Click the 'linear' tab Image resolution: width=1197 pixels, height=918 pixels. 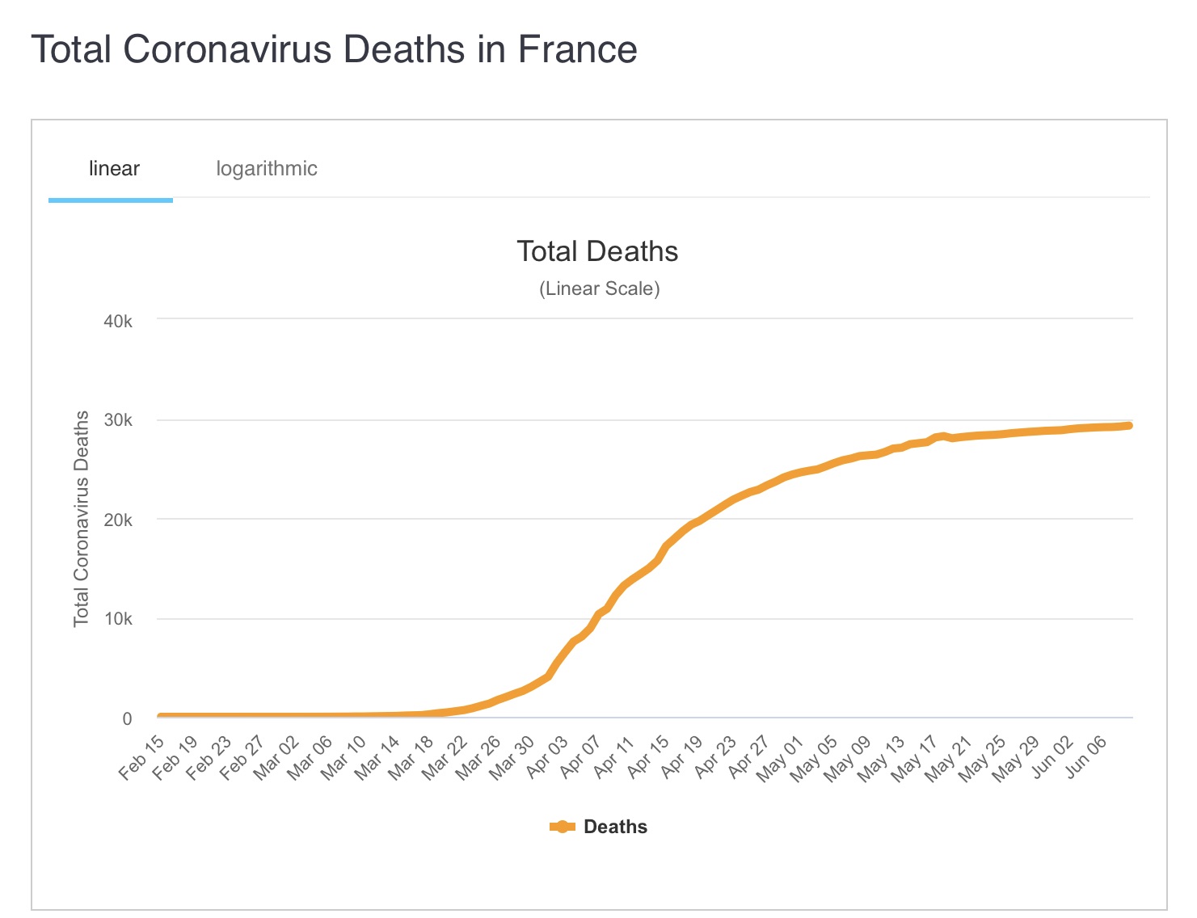[114, 169]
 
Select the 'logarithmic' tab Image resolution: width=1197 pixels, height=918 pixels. [266, 169]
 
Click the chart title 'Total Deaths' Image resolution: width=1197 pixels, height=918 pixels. [597, 251]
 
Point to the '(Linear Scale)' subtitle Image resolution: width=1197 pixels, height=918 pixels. [599, 288]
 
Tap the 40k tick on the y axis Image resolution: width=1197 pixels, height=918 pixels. [118, 322]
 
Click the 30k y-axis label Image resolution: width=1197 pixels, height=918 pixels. [118, 420]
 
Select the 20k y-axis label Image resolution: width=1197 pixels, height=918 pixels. [118, 520]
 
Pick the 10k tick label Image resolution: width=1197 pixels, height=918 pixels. [118, 619]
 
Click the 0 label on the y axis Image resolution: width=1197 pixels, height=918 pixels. [127, 718]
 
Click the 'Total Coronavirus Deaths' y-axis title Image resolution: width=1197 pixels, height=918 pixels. [82, 518]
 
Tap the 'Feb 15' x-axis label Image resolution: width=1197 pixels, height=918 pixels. [142, 757]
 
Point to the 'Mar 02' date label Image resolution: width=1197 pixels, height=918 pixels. [277, 757]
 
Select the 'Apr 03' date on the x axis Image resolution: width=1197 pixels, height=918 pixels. [547, 757]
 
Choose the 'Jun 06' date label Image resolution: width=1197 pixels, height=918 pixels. [1086, 757]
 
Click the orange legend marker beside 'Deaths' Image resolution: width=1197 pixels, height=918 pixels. [562, 827]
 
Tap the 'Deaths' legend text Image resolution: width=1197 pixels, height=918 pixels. [615, 827]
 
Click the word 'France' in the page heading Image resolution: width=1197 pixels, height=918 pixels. [577, 49]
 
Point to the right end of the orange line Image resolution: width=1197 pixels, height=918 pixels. [1128, 426]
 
